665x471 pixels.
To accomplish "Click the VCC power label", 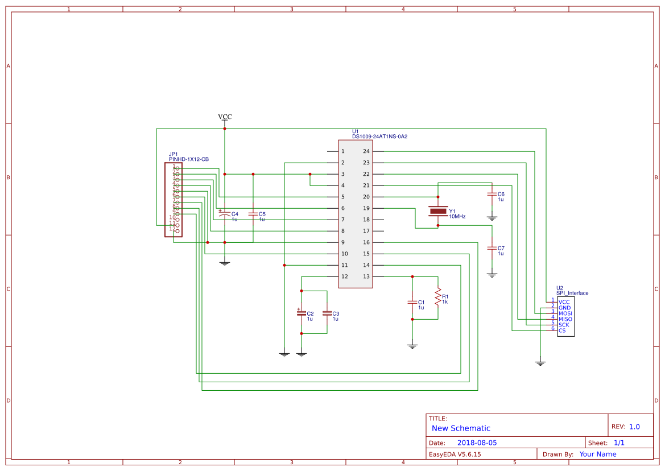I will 225,117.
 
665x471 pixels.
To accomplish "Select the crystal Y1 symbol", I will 438,211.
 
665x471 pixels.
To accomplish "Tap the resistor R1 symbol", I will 438,296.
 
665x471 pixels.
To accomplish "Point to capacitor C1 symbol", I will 412,302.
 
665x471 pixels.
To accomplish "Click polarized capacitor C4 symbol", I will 225,215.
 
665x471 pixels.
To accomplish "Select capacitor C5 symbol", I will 253,214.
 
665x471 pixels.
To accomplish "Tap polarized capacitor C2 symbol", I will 301,313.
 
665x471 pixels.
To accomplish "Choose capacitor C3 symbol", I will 327,313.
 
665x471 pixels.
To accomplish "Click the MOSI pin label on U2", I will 565,313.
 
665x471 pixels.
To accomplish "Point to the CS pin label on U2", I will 562,330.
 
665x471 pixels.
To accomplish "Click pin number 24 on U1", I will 366,151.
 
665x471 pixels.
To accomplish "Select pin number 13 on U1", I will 366,276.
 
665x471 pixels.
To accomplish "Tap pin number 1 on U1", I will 342,151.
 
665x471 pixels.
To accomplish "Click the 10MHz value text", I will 457,217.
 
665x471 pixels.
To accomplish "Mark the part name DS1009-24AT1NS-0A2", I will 379,137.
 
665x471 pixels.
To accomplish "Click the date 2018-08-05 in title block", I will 477,443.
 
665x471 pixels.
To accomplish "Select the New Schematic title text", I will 461,428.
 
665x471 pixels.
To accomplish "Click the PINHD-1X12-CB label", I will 188,159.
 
